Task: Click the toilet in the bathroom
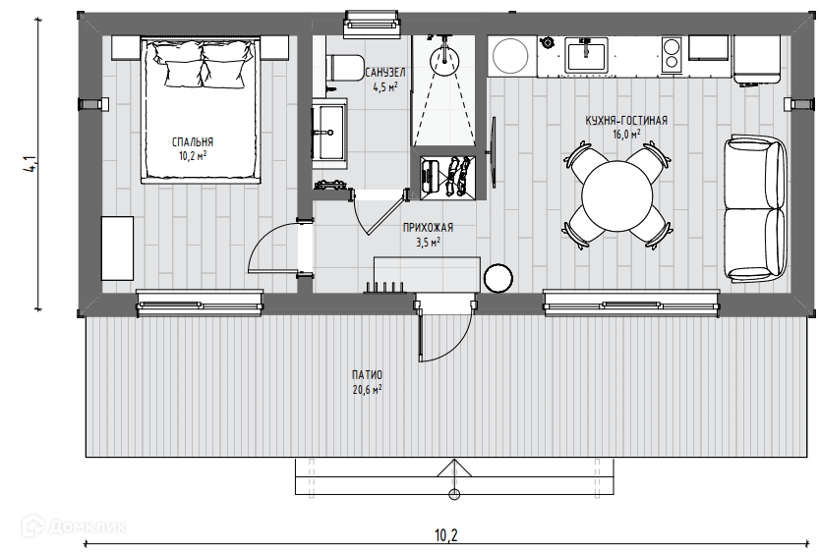[x=344, y=68]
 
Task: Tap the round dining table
[x=616, y=196]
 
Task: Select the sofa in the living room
[x=755, y=208]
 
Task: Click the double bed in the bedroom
[x=201, y=110]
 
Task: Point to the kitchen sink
[x=586, y=57]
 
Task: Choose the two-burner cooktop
[x=672, y=55]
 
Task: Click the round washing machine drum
[x=510, y=56]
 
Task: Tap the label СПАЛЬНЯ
[x=193, y=141]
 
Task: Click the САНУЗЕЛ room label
[x=385, y=72]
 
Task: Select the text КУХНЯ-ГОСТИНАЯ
[x=626, y=121]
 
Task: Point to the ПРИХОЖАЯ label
[x=428, y=228]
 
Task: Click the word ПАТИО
[x=367, y=375]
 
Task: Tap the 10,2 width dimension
[x=446, y=535]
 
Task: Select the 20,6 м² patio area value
[x=367, y=390]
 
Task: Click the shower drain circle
[x=443, y=61]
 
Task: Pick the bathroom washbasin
[x=329, y=133]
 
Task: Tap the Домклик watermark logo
[x=74, y=526]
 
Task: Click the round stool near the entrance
[x=498, y=278]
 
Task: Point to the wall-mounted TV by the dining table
[x=493, y=152]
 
